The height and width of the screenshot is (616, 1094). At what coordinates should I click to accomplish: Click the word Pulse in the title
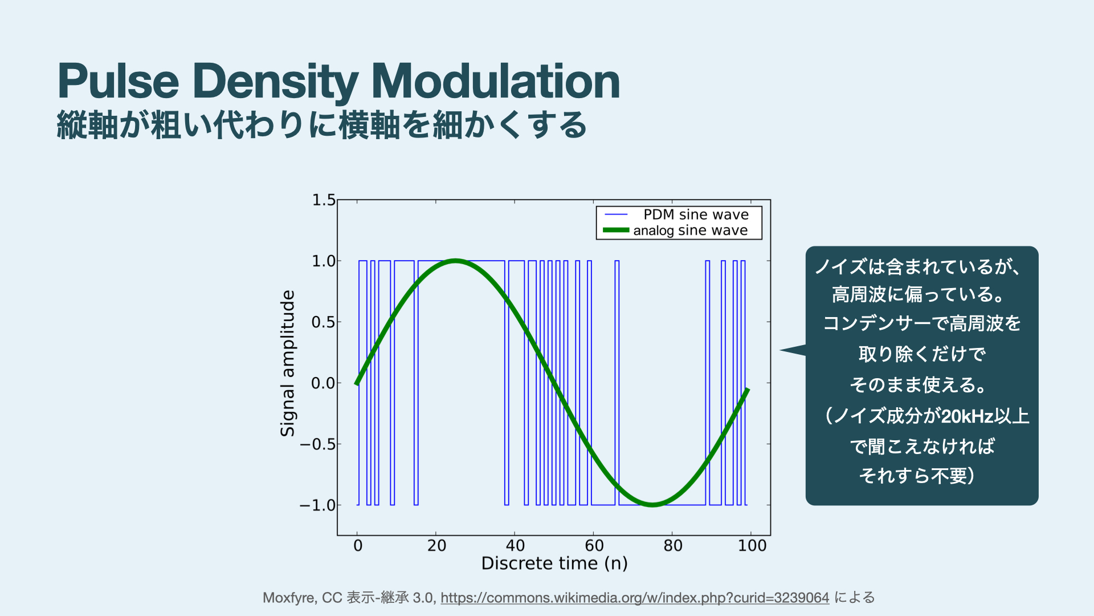[119, 82]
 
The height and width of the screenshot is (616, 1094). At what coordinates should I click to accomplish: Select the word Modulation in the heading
[495, 82]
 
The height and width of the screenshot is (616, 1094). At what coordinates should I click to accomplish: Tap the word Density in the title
[276, 82]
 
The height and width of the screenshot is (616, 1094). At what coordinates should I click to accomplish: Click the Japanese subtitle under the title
[322, 125]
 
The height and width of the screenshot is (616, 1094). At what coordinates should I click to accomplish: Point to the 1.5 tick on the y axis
[324, 200]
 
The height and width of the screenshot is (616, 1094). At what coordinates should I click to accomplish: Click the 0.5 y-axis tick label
[323, 322]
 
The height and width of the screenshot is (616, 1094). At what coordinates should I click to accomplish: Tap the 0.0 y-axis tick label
[323, 383]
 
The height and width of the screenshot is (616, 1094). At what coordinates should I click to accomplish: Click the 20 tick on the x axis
[436, 546]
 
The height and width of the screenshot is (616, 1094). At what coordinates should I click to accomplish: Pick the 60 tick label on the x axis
[594, 546]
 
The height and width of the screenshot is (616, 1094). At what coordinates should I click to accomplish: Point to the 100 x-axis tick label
[752, 546]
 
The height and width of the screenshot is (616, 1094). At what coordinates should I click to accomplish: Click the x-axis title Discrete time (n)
[554, 564]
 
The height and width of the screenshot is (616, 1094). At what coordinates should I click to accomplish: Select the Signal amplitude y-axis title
[288, 363]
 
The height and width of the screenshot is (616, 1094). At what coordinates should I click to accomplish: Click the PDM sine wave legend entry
[696, 214]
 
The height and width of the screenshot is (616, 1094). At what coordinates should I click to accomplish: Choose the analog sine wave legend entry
[690, 230]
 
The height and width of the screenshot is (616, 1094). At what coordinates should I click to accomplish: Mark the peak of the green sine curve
[456, 261]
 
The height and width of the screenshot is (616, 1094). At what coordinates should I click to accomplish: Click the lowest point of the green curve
[653, 504]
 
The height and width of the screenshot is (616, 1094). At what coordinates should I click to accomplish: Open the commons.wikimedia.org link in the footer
[635, 598]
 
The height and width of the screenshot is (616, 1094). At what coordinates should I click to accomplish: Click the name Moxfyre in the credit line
[289, 598]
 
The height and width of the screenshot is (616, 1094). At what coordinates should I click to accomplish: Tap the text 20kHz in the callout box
[967, 416]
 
